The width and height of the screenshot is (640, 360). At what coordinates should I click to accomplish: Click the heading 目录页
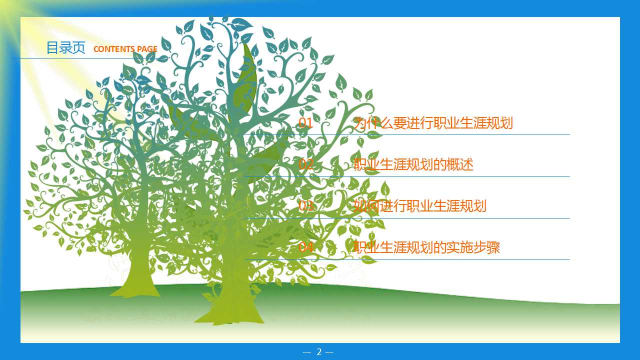pos(65,47)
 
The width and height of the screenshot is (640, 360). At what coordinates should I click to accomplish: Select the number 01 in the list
pos(305,123)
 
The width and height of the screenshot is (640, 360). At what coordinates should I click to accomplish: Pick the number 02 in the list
pos(305,164)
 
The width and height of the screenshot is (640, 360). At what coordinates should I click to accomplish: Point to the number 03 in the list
pos(305,206)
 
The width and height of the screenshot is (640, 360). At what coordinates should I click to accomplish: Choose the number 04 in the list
pos(305,247)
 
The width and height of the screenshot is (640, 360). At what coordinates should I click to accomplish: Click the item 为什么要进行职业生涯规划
pos(433,123)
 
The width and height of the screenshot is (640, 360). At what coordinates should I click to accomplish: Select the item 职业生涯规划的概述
pos(413,164)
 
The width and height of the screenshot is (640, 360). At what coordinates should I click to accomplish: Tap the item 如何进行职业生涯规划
pos(419,206)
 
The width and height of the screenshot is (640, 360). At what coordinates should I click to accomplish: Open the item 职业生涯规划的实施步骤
pos(426,247)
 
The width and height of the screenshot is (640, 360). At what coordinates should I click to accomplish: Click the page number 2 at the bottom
pos(319,352)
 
